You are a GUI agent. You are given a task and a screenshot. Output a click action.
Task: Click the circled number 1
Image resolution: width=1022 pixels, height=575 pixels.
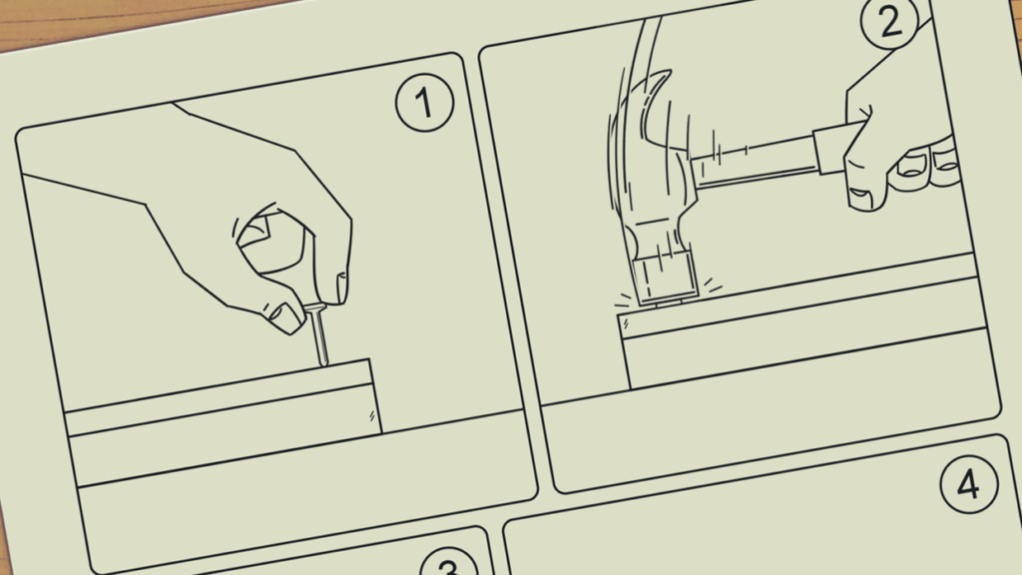tap(425, 103)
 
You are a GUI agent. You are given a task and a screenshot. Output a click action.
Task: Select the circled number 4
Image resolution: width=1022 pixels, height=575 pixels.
tap(969, 484)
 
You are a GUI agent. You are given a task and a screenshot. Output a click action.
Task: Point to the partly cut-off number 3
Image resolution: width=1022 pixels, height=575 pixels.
tap(449, 563)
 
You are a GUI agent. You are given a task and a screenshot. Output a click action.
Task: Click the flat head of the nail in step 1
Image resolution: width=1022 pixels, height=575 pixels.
tap(314, 307)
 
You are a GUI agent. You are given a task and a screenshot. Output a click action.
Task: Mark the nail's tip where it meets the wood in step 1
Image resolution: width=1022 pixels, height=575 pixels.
tap(322, 363)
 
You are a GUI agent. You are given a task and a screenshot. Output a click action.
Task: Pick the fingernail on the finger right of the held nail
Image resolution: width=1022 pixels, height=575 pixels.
tap(341, 287)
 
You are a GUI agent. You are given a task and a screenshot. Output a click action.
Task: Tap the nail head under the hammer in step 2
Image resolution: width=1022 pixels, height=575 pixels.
tap(669, 303)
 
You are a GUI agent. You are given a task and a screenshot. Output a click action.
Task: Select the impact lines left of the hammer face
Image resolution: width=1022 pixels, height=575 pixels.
tap(623, 299)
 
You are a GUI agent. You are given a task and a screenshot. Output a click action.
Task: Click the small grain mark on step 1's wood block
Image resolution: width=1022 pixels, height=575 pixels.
tap(372, 415)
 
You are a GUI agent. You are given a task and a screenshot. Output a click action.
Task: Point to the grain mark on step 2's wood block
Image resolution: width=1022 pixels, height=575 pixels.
tap(626, 323)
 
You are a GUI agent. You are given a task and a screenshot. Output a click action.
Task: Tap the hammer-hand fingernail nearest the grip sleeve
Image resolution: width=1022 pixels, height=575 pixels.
tap(861, 193)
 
